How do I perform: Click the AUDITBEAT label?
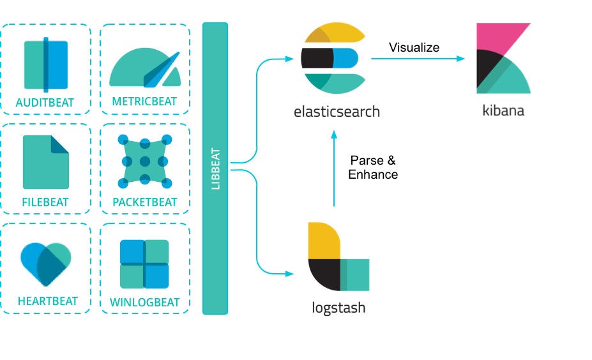pos(45,102)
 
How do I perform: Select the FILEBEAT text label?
pos(45,202)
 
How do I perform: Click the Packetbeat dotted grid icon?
pos(145,161)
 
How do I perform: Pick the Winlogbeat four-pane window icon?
pos(145,264)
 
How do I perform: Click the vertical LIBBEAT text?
pos(215,169)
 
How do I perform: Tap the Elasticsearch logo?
pos(333,58)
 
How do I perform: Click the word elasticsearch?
pos(337,112)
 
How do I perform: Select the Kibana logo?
pos(503,58)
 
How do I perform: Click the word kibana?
pos(503,110)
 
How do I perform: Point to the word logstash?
pos(338,308)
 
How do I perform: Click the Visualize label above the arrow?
pos(414,47)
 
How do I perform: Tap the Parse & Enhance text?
pos(373,168)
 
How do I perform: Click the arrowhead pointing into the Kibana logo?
pos(461,59)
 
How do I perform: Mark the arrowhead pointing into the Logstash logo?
pos(289,274)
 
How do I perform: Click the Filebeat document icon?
pos(45,162)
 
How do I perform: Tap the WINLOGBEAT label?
pos(145,302)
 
